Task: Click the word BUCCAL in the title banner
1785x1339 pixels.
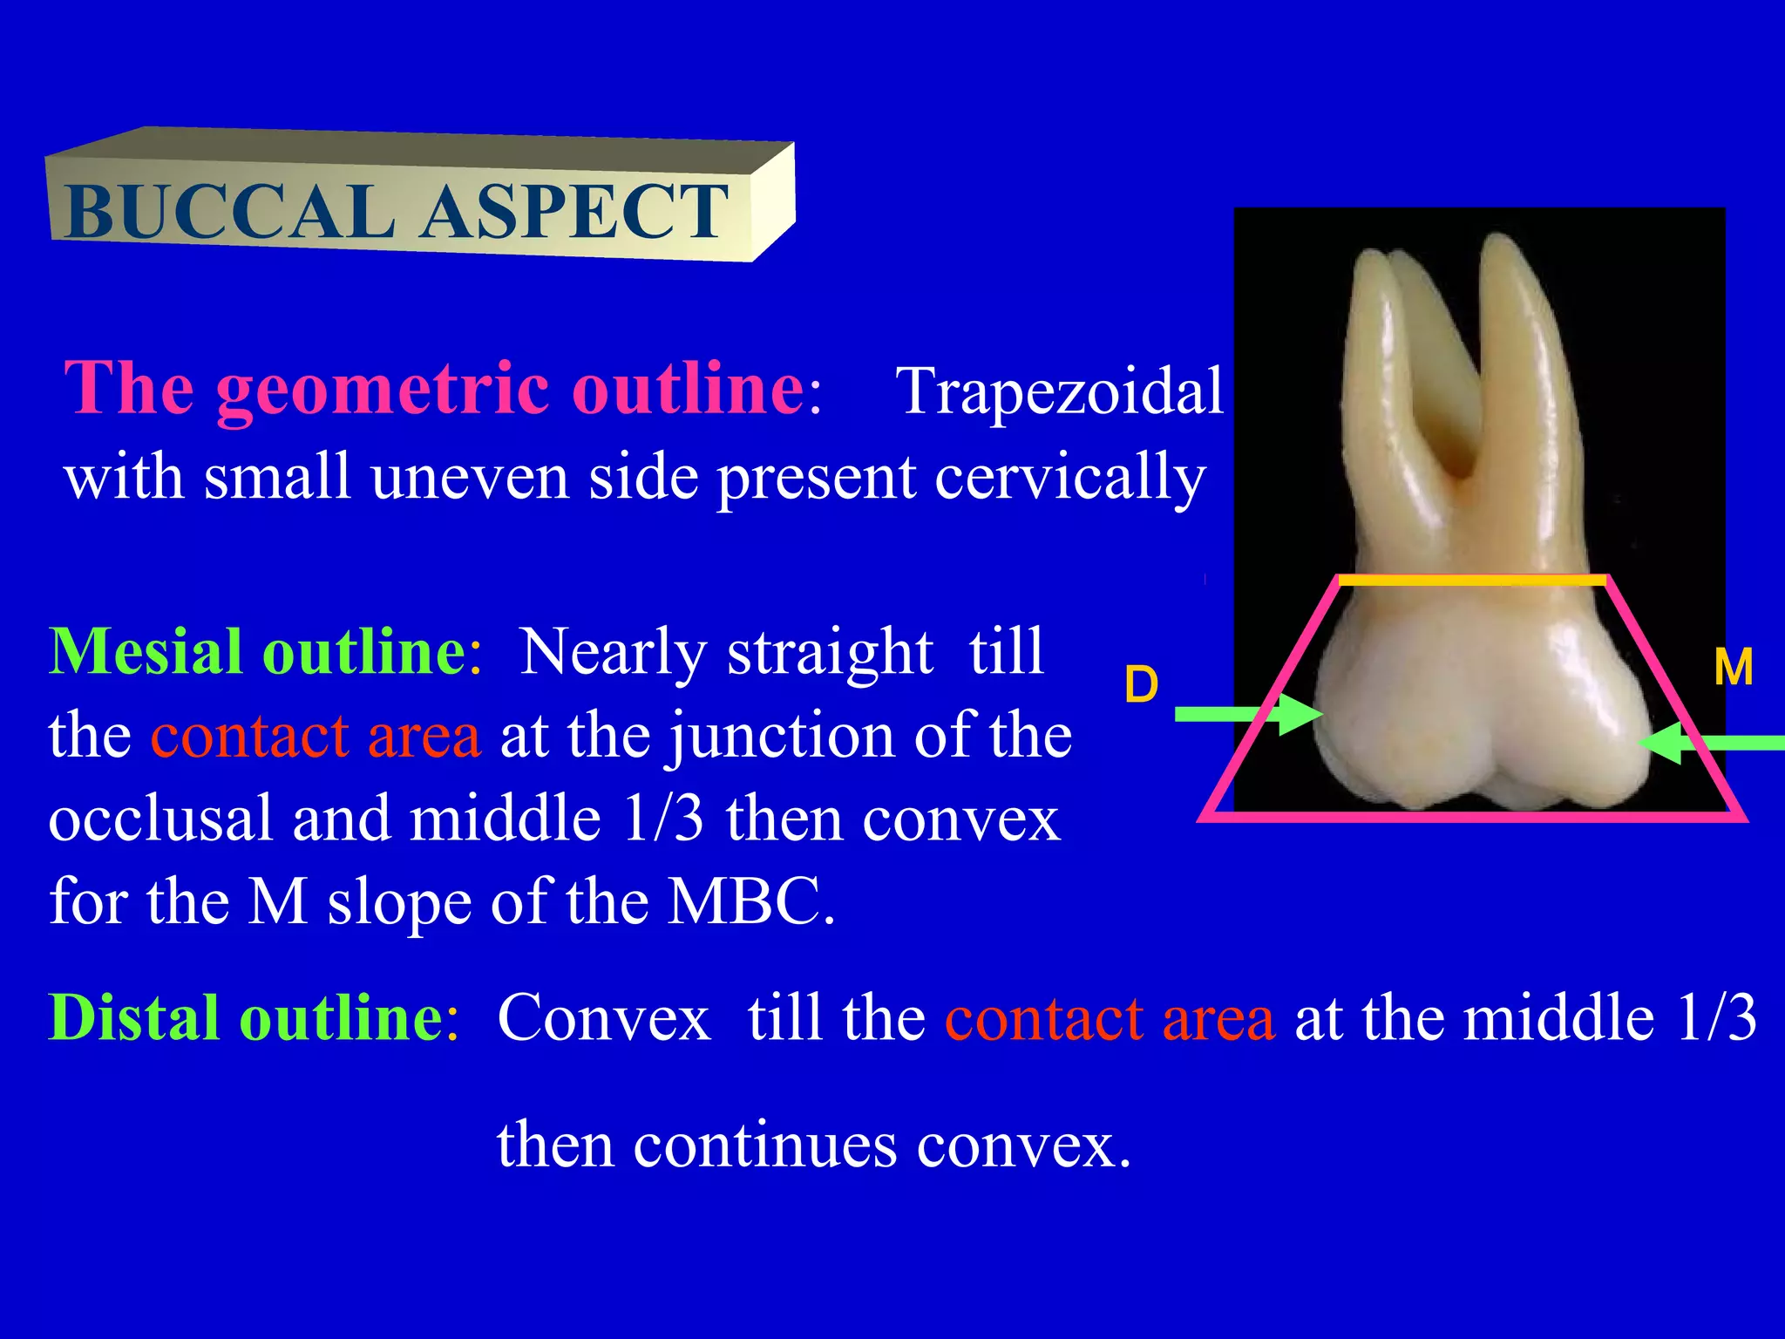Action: coord(228,212)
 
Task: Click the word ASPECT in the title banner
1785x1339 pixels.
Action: coord(574,212)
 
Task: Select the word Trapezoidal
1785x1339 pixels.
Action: coord(1059,391)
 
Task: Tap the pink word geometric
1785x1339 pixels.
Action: coord(383,389)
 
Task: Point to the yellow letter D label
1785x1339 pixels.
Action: coord(1141,685)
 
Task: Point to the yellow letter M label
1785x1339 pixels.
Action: coord(1733,668)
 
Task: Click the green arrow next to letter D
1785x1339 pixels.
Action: coord(1246,714)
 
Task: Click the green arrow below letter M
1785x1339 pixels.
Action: coord(1713,743)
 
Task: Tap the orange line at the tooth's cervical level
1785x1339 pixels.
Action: coord(1472,580)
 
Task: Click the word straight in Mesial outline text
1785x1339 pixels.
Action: coord(830,652)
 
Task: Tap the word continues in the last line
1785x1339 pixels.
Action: coord(764,1145)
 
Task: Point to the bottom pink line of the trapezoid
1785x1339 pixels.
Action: coord(1472,817)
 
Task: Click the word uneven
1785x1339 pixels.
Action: coord(469,478)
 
